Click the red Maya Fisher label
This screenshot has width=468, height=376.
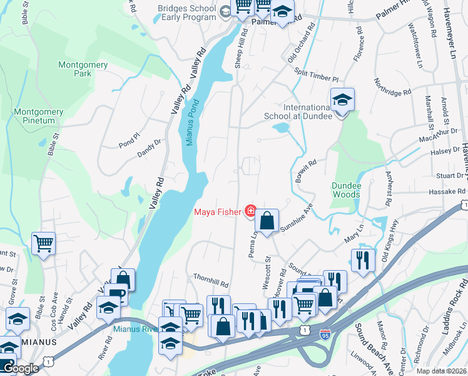[217, 212]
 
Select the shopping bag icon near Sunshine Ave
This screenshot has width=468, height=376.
[267, 221]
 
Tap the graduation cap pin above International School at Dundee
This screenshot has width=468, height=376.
[342, 101]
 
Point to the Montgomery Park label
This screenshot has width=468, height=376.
[83, 69]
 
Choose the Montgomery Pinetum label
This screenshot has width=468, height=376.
[39, 116]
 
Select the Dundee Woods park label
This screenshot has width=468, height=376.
[346, 190]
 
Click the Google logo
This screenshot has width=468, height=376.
[21, 368]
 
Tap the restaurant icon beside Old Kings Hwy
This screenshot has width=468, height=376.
[362, 260]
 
